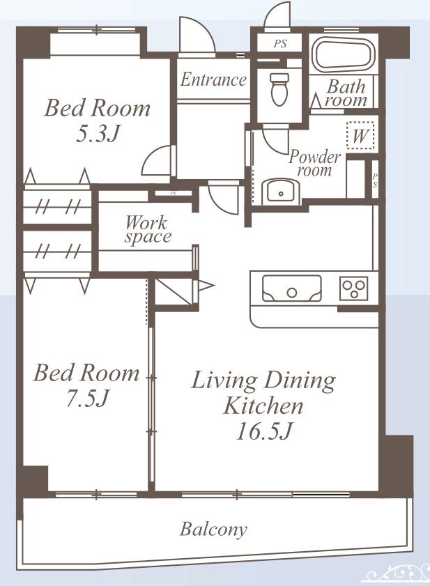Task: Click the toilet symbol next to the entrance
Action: click(x=279, y=89)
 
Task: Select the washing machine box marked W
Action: click(x=360, y=135)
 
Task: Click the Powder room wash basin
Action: click(x=280, y=192)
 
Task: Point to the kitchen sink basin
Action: click(x=291, y=288)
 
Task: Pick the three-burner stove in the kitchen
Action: click(x=354, y=288)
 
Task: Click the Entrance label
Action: click(x=213, y=79)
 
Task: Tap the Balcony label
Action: click(x=213, y=529)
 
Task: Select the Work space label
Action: click(x=147, y=229)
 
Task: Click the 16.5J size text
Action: click(x=263, y=431)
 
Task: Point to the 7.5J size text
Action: click(x=87, y=399)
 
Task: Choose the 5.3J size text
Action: click(x=98, y=133)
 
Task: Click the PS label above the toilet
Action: click(x=279, y=44)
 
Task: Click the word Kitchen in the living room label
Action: click(x=263, y=406)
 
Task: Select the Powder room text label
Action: click(x=314, y=163)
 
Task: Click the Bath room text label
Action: click(x=346, y=93)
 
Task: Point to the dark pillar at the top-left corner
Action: click(x=33, y=42)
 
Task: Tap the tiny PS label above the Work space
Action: click(x=173, y=193)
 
